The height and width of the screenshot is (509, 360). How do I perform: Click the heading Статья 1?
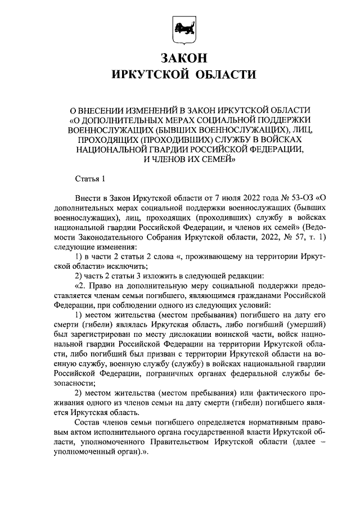coord(90,179)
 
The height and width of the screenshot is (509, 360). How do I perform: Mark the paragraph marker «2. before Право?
coord(82,286)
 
